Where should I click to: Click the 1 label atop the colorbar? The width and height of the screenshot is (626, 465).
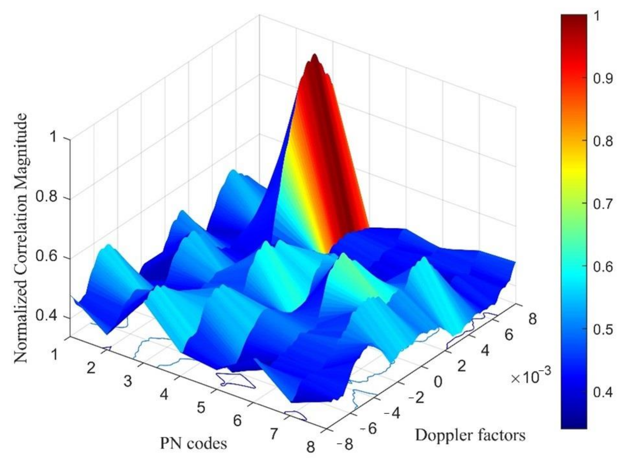point(597,17)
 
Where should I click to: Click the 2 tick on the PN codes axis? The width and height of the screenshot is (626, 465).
point(91,368)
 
